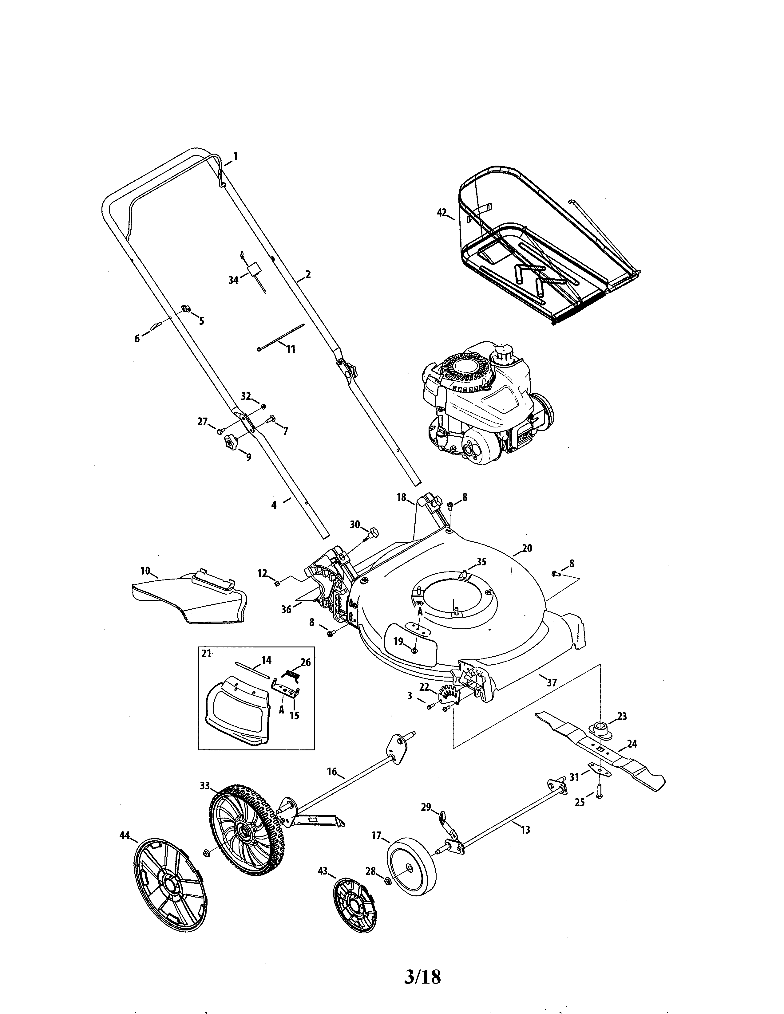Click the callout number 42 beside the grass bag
442,213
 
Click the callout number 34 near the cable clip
233,280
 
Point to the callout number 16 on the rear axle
332,772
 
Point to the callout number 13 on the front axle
525,830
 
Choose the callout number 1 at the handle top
235,156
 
